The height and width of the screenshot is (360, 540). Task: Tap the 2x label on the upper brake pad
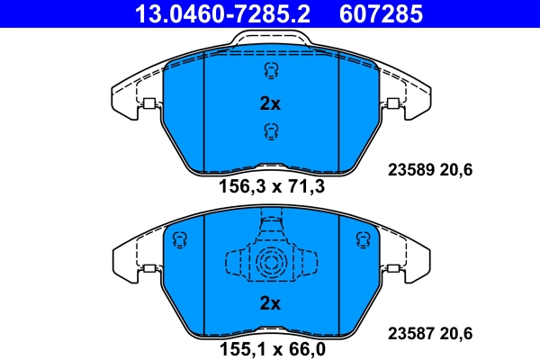(270, 103)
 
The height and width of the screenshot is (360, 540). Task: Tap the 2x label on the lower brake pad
(270, 303)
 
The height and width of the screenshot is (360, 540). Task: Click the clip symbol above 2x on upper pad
(269, 71)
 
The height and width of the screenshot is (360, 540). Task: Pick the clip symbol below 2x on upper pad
(269, 132)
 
